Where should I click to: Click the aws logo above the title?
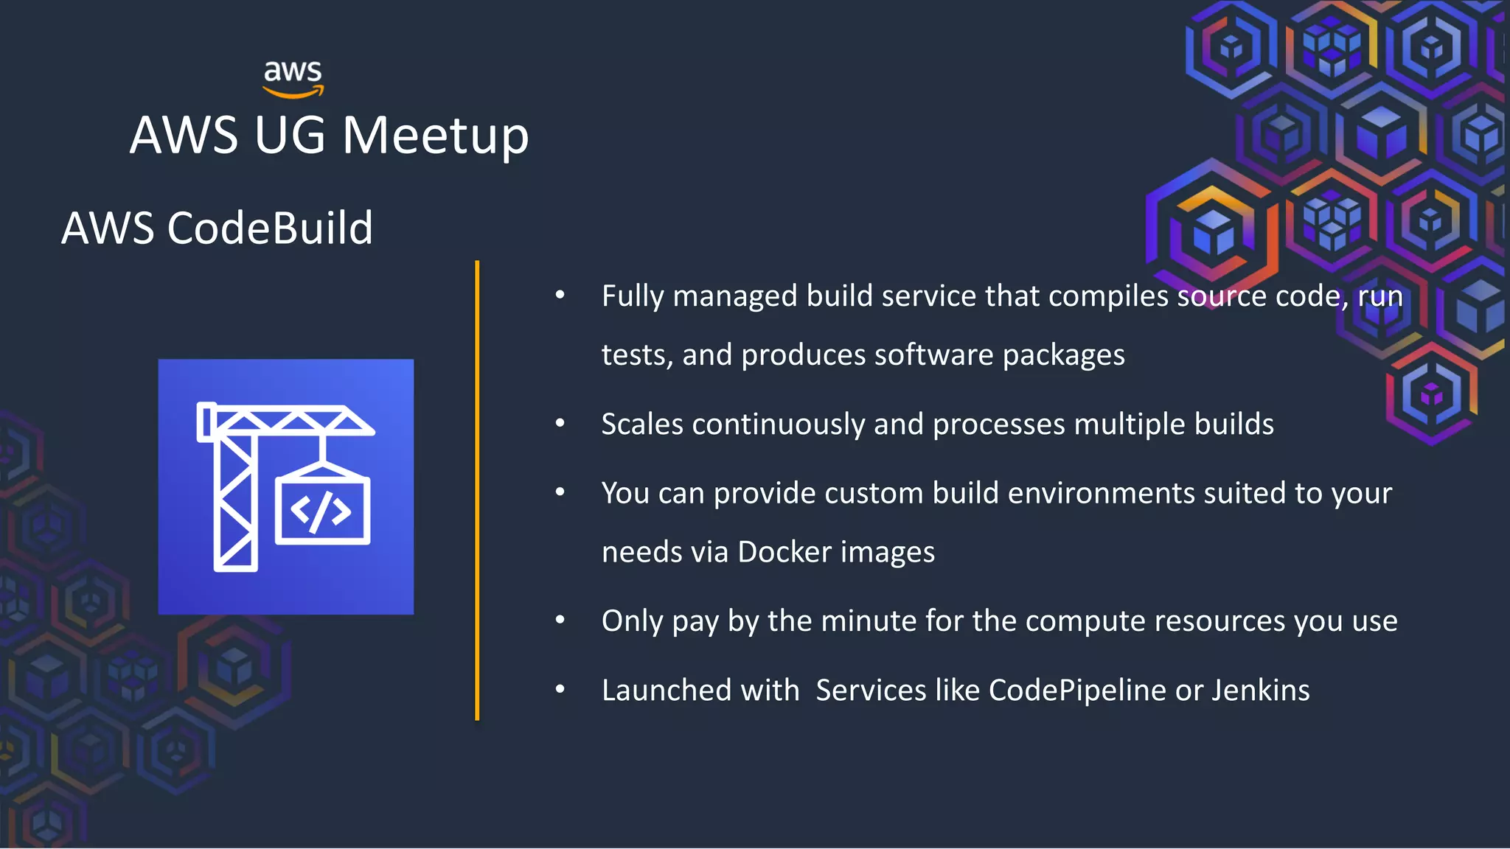[293, 78]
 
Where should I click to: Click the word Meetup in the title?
[435, 136]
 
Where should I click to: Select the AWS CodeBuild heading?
[217, 228]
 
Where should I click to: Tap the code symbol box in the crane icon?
[322, 511]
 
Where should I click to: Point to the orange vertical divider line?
[477, 490]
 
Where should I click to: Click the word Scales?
[641, 424]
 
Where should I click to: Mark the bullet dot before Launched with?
[560, 690]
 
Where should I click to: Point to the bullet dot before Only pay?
[560, 621]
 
